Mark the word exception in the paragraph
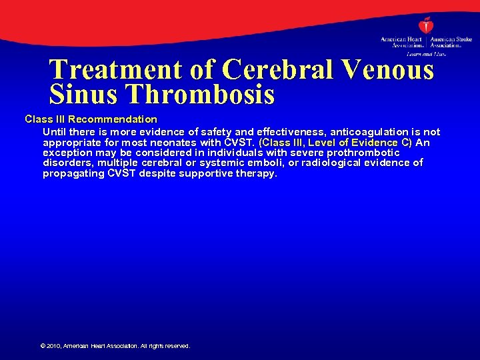[x=68, y=153]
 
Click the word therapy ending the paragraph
[x=256, y=173]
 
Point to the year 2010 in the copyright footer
[x=53, y=346]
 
